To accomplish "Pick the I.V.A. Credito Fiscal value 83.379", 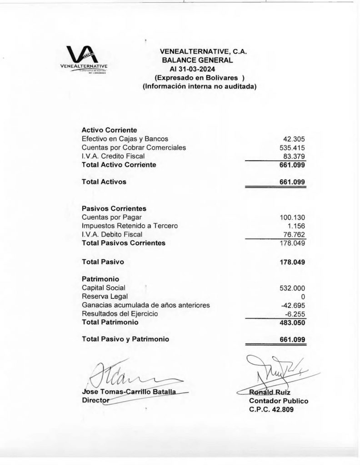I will click(294, 156).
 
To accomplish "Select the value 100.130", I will click(292, 218).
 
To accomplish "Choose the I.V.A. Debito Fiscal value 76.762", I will click(294, 235).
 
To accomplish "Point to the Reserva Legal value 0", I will click(302, 297).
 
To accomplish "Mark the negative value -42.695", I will click(293, 305).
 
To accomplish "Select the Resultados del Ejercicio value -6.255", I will click(295, 314).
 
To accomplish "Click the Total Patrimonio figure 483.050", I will click(292, 322).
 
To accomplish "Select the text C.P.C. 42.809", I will click(271, 410).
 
